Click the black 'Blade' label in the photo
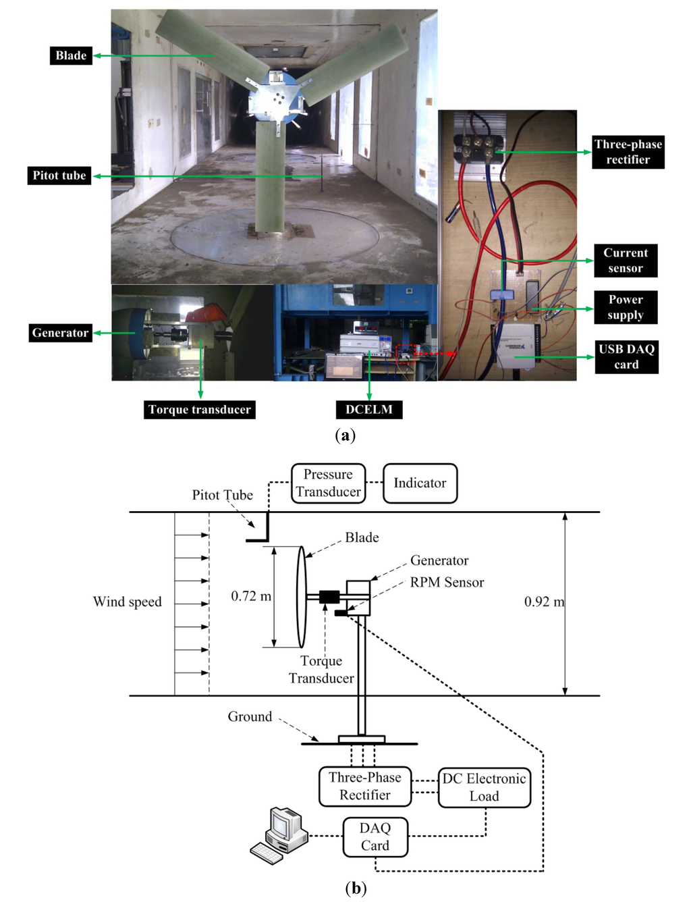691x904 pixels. point(71,55)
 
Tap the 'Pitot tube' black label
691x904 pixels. point(59,176)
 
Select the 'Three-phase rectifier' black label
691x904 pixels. point(628,152)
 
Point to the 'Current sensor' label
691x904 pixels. point(626,261)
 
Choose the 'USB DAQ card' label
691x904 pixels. point(626,356)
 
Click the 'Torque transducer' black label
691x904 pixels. point(200,409)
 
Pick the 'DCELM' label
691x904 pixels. point(369,409)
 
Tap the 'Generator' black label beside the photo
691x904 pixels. point(60,333)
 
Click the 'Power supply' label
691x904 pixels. point(626,307)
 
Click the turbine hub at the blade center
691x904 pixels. point(276,99)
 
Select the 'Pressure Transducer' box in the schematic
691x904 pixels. point(329,483)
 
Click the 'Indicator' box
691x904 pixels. point(420,483)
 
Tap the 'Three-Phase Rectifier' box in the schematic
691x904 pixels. point(365,787)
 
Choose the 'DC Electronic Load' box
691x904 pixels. point(485,787)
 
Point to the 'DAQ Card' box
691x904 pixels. point(375,837)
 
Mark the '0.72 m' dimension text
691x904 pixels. point(251,596)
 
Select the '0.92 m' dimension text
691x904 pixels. point(544,602)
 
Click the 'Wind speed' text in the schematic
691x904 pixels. point(128,602)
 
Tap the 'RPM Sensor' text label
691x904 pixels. point(447,582)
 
